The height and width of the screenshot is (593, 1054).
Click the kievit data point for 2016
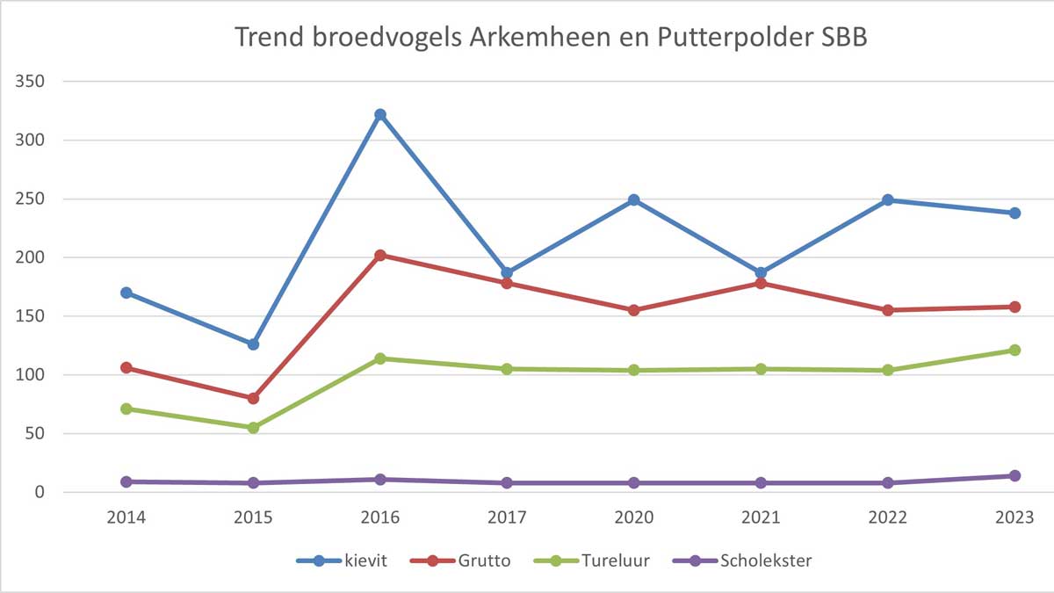(380, 114)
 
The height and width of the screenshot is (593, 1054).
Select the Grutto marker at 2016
(380, 256)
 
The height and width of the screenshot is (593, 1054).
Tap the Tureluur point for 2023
(1014, 350)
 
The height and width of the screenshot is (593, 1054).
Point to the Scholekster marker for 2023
(1014, 475)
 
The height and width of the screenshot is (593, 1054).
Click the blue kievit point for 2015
(253, 344)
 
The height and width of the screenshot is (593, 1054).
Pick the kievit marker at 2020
(634, 199)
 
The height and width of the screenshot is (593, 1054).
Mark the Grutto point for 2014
(126, 367)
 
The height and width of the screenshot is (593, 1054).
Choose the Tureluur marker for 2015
(253, 428)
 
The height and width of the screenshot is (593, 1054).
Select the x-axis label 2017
(507, 517)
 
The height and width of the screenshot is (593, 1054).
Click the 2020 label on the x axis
(634, 517)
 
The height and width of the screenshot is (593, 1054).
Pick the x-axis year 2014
(126, 517)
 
